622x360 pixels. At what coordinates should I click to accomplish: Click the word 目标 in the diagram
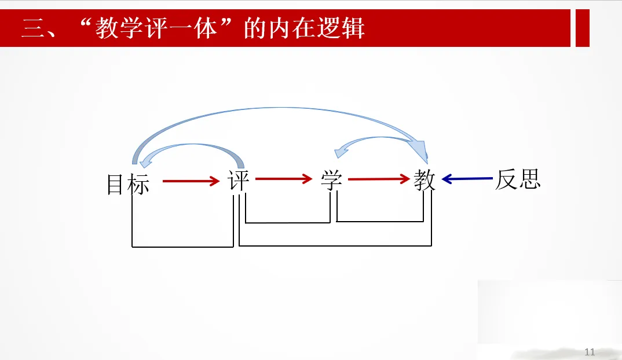(128, 183)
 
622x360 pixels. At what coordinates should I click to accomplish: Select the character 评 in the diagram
(239, 181)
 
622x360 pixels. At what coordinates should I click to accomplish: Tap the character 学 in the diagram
(331, 180)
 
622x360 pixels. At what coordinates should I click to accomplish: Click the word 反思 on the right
(517, 180)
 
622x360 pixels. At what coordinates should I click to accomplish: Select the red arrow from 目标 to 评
(191, 181)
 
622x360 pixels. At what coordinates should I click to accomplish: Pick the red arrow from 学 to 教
(379, 179)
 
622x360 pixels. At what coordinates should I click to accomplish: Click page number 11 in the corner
(590, 352)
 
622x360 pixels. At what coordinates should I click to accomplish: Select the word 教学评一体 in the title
(153, 28)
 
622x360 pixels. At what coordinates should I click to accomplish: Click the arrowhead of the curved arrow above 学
(342, 152)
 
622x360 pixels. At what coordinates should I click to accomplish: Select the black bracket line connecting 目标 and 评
(182, 247)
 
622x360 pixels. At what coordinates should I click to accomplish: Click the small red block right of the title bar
(581, 28)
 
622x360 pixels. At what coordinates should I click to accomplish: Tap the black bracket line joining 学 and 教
(380, 221)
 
